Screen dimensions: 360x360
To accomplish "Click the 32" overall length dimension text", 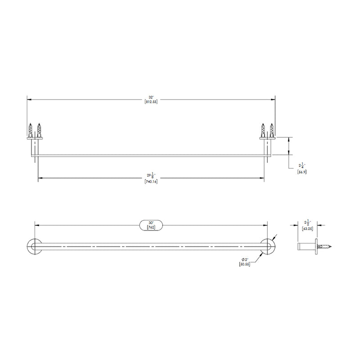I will tap(151, 97).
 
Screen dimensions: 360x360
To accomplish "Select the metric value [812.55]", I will tap(151, 102).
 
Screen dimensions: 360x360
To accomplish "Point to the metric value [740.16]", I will tap(151, 182).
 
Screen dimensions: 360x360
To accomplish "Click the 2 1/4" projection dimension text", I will tap(301, 166).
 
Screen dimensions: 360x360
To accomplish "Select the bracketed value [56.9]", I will tap(301, 172).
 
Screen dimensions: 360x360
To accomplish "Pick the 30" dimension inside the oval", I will tap(151, 222).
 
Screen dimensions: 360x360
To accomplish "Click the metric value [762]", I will tap(151, 227).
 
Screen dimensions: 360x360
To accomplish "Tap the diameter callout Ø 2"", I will tap(245, 260).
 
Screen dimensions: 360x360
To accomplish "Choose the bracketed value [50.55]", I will tap(245, 265).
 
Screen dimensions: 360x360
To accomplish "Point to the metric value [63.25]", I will tap(307, 228).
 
